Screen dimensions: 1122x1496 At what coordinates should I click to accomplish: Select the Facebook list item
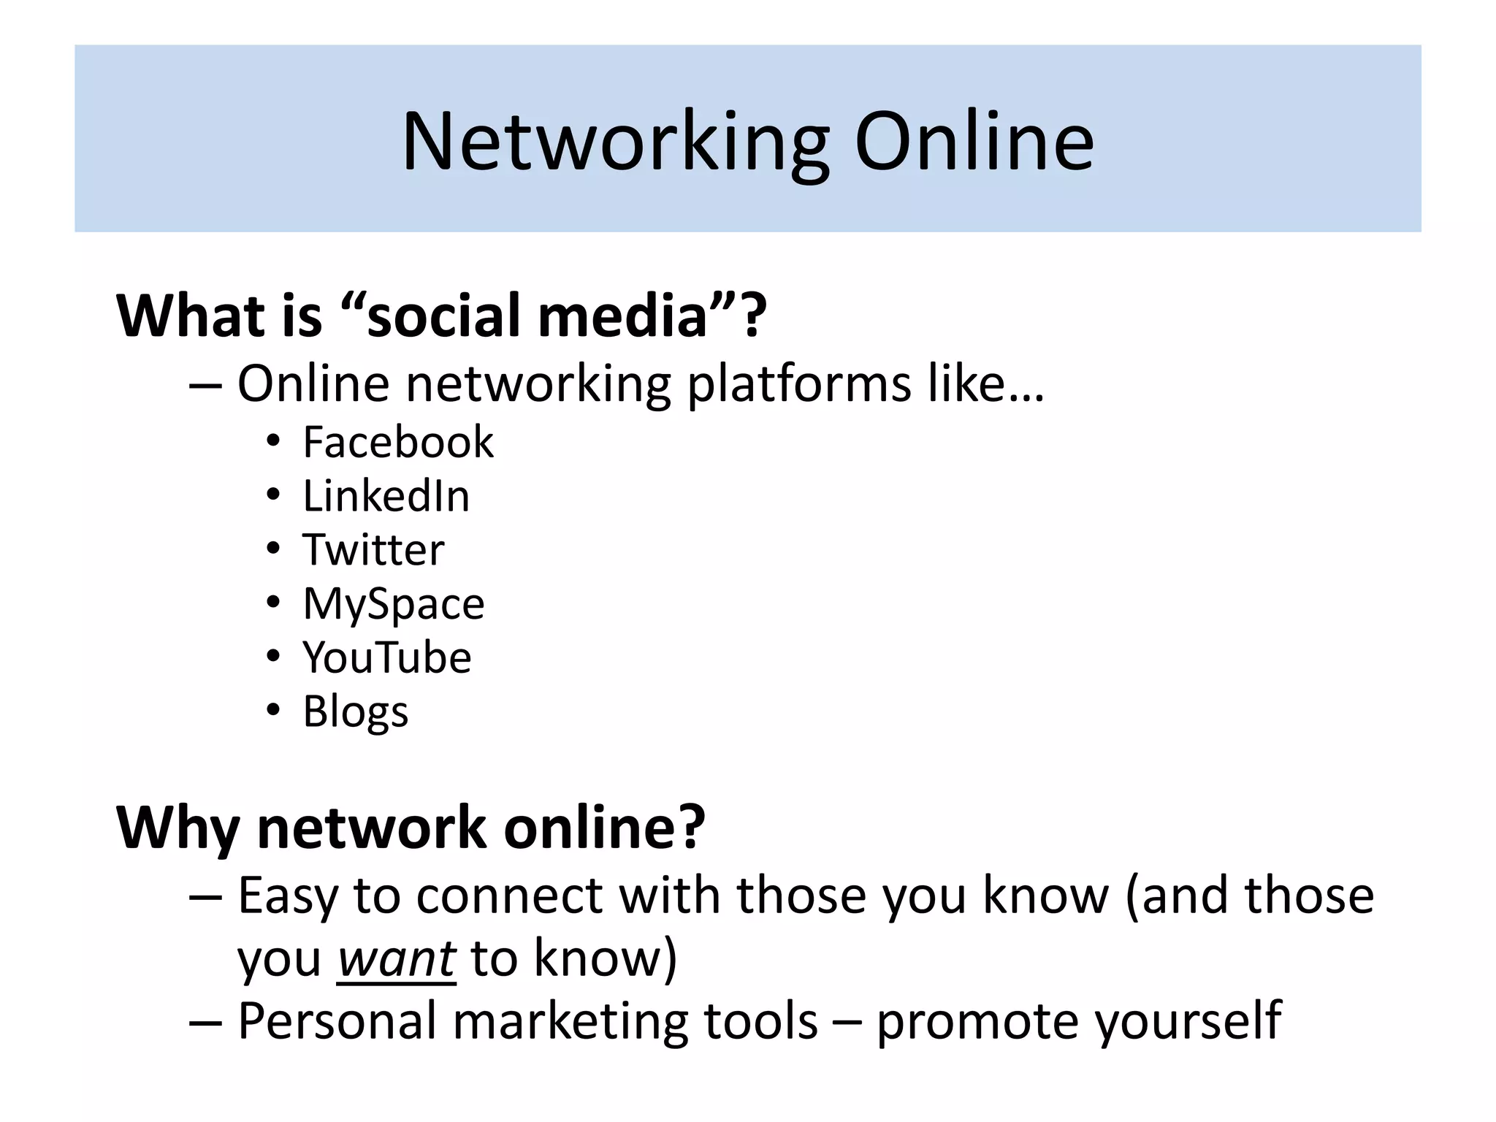[x=398, y=442]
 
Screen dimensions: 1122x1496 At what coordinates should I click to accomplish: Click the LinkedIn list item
[x=386, y=496]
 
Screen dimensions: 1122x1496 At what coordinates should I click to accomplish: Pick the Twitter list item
[x=373, y=550]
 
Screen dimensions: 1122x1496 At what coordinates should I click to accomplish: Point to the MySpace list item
[x=394, y=604]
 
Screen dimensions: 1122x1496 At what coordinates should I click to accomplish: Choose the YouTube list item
[x=387, y=657]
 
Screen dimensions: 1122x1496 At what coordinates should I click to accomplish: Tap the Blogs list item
[x=356, y=711]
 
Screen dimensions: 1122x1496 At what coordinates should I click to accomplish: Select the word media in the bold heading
[x=622, y=316]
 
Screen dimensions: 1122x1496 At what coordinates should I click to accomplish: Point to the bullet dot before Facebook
[x=273, y=441]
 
